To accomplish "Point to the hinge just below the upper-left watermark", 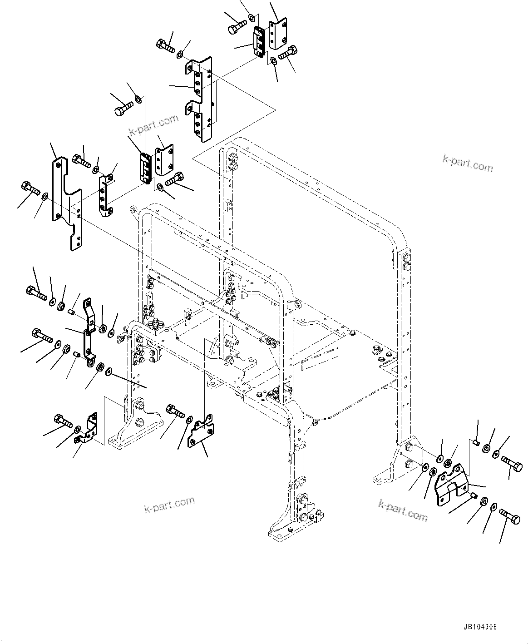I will point(145,168).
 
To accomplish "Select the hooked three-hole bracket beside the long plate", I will point(106,195).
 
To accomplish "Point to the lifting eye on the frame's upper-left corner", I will point(134,210).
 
